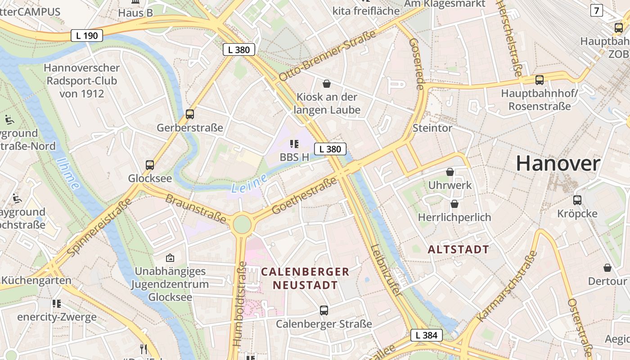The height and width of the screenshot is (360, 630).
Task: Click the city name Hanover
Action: point(558,163)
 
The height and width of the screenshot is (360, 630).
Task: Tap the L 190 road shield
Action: point(87,36)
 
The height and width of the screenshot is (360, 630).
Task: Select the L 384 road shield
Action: point(426,335)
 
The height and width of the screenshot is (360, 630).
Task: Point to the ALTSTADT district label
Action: point(458,250)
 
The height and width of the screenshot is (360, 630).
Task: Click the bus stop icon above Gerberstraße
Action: point(190,114)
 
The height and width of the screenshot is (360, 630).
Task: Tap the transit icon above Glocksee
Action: point(150,165)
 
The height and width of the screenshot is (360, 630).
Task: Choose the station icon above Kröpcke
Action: point(577,200)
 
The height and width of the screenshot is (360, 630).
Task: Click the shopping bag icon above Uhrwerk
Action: point(450,172)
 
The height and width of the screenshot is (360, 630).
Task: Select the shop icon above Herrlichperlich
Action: point(454,204)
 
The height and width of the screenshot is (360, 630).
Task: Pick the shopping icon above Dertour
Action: point(607,268)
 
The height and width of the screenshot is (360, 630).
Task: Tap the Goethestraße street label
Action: point(305,196)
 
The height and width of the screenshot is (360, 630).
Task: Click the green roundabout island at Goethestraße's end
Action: point(242,224)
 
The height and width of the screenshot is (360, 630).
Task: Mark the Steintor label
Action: point(432,128)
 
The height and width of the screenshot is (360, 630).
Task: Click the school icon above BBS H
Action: point(294,144)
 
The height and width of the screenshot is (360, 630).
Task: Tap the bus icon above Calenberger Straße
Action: point(324,310)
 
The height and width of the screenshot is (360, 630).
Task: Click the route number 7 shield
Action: point(597,10)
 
